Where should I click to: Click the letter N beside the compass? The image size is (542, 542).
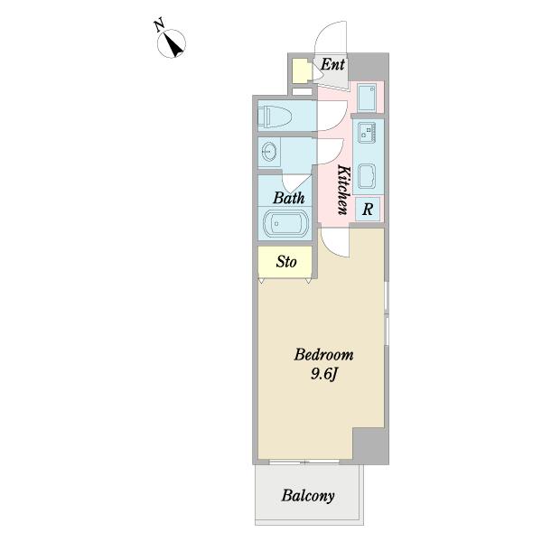159,26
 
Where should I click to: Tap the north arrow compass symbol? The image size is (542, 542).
172,43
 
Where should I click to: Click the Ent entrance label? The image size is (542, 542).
332,64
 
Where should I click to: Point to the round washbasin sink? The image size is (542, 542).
269,152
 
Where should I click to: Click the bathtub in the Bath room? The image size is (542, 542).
285,223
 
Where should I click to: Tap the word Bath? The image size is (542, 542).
289,198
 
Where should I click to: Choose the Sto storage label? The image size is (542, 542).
286,262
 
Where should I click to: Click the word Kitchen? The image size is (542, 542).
344,190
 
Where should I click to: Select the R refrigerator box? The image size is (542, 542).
368,209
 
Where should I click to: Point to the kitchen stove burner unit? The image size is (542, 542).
367,133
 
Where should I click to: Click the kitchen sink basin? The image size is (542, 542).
367,176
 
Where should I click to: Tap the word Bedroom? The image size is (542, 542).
324,355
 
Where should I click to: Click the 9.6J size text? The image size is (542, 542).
323,374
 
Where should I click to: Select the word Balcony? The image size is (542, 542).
308,496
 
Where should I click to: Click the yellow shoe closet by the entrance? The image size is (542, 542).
301,71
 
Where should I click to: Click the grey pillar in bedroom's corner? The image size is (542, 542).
370,446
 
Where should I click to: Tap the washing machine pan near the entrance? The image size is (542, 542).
367,98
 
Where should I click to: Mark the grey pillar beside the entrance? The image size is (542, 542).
369,67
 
